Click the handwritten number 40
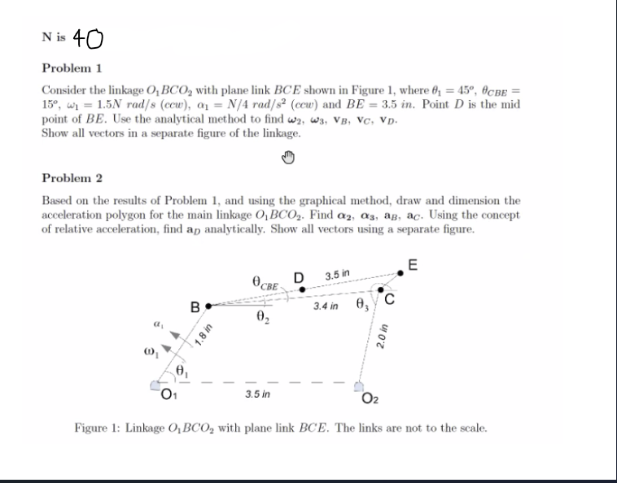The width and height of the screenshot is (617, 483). coord(89,38)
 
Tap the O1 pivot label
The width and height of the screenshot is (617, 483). coord(166,396)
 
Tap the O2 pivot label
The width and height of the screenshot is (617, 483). coord(371,397)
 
